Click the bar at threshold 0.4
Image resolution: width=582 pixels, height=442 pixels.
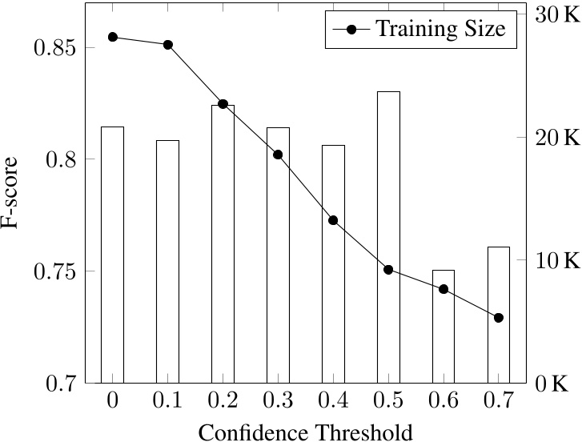click(x=333, y=263)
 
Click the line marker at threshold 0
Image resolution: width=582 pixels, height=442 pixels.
click(x=112, y=37)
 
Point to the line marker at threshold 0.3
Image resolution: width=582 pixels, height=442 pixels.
click(x=278, y=155)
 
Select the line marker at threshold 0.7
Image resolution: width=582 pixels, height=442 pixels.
click(x=499, y=318)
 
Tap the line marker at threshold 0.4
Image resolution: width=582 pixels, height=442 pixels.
click(x=333, y=220)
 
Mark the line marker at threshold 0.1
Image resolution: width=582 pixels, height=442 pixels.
click(x=167, y=45)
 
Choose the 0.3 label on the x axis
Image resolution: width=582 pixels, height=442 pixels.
click(x=278, y=401)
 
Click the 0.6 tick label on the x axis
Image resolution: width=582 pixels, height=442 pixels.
click(x=444, y=401)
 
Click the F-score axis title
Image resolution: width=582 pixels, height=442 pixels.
click(x=11, y=193)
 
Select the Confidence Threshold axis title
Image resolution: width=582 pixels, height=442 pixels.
click(x=305, y=432)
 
